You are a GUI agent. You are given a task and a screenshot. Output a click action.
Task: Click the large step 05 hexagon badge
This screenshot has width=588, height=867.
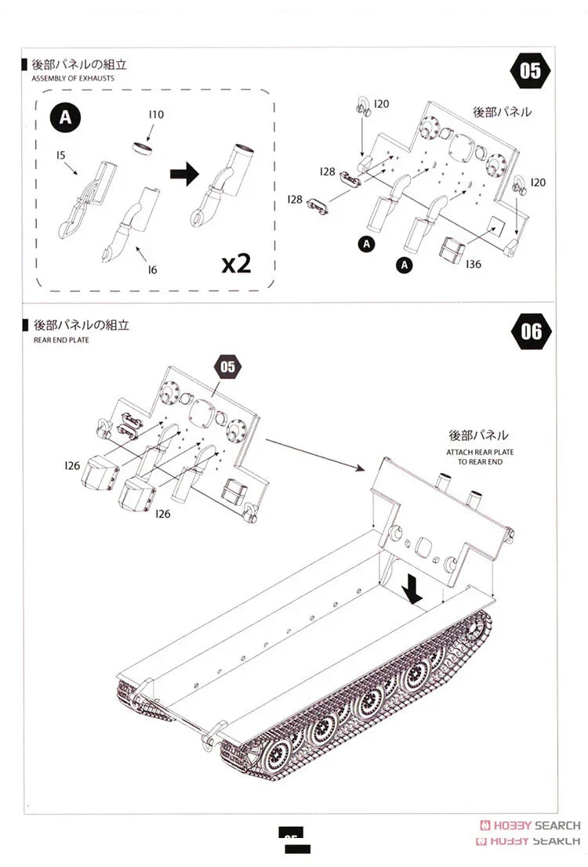[x=531, y=71]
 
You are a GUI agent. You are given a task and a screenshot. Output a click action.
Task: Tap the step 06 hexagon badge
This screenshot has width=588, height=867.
[x=531, y=331]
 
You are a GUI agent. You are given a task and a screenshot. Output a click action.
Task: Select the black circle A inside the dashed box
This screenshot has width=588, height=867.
[x=66, y=117]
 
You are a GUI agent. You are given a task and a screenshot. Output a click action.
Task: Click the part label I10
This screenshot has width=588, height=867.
[x=156, y=114]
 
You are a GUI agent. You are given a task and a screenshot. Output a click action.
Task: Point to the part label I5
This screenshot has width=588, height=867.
[x=60, y=155]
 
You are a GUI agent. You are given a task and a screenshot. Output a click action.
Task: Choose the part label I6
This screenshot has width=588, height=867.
[x=152, y=269]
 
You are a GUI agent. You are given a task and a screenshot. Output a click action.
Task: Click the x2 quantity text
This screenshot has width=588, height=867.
[x=236, y=263]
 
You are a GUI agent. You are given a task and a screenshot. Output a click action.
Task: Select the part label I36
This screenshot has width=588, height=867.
[x=473, y=265]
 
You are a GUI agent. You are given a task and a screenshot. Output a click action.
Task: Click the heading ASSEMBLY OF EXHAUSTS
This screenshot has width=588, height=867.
[x=73, y=79]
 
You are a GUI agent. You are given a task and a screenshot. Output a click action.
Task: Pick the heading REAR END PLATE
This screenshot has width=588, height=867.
[x=61, y=340]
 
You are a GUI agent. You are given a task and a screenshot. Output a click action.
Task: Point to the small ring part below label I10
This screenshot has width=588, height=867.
[x=143, y=148]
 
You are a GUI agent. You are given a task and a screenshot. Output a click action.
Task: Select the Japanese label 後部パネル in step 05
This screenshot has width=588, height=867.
[x=502, y=112]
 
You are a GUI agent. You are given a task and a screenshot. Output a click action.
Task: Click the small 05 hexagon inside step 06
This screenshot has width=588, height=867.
[x=227, y=366]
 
